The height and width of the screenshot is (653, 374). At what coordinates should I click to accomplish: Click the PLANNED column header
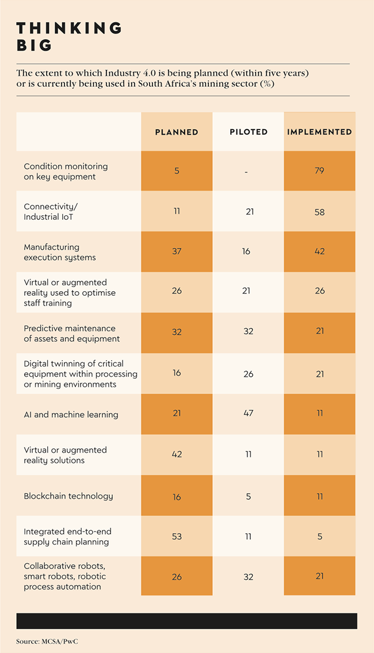tap(177, 132)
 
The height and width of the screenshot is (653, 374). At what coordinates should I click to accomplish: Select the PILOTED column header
tap(248, 132)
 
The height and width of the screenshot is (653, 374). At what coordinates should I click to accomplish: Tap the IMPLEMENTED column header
tap(319, 132)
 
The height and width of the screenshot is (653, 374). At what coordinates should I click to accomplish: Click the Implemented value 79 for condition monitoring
tap(319, 171)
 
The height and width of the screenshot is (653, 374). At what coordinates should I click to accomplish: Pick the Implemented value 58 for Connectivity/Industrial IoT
tap(319, 212)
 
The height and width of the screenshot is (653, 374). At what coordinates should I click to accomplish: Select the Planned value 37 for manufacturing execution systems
tap(177, 252)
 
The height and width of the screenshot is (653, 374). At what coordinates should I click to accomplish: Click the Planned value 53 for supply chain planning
tap(177, 537)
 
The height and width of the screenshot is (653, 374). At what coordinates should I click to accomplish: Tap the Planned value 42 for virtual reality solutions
tap(177, 455)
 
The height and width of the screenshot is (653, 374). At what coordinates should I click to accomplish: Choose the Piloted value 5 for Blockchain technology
tap(248, 496)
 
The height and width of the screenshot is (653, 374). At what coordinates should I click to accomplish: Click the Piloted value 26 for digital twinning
tap(248, 373)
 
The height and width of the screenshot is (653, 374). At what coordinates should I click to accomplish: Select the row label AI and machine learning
tap(71, 414)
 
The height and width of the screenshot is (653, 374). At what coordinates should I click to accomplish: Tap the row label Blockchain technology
tap(68, 496)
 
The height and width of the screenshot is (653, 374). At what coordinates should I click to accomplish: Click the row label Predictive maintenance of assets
tap(71, 334)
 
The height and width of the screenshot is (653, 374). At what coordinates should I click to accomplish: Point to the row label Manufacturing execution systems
tap(60, 252)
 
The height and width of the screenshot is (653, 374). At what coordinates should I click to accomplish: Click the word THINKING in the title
tap(69, 28)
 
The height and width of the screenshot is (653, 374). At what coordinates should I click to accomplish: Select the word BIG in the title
tap(35, 45)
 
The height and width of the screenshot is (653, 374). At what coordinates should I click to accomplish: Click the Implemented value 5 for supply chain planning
tap(319, 537)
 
